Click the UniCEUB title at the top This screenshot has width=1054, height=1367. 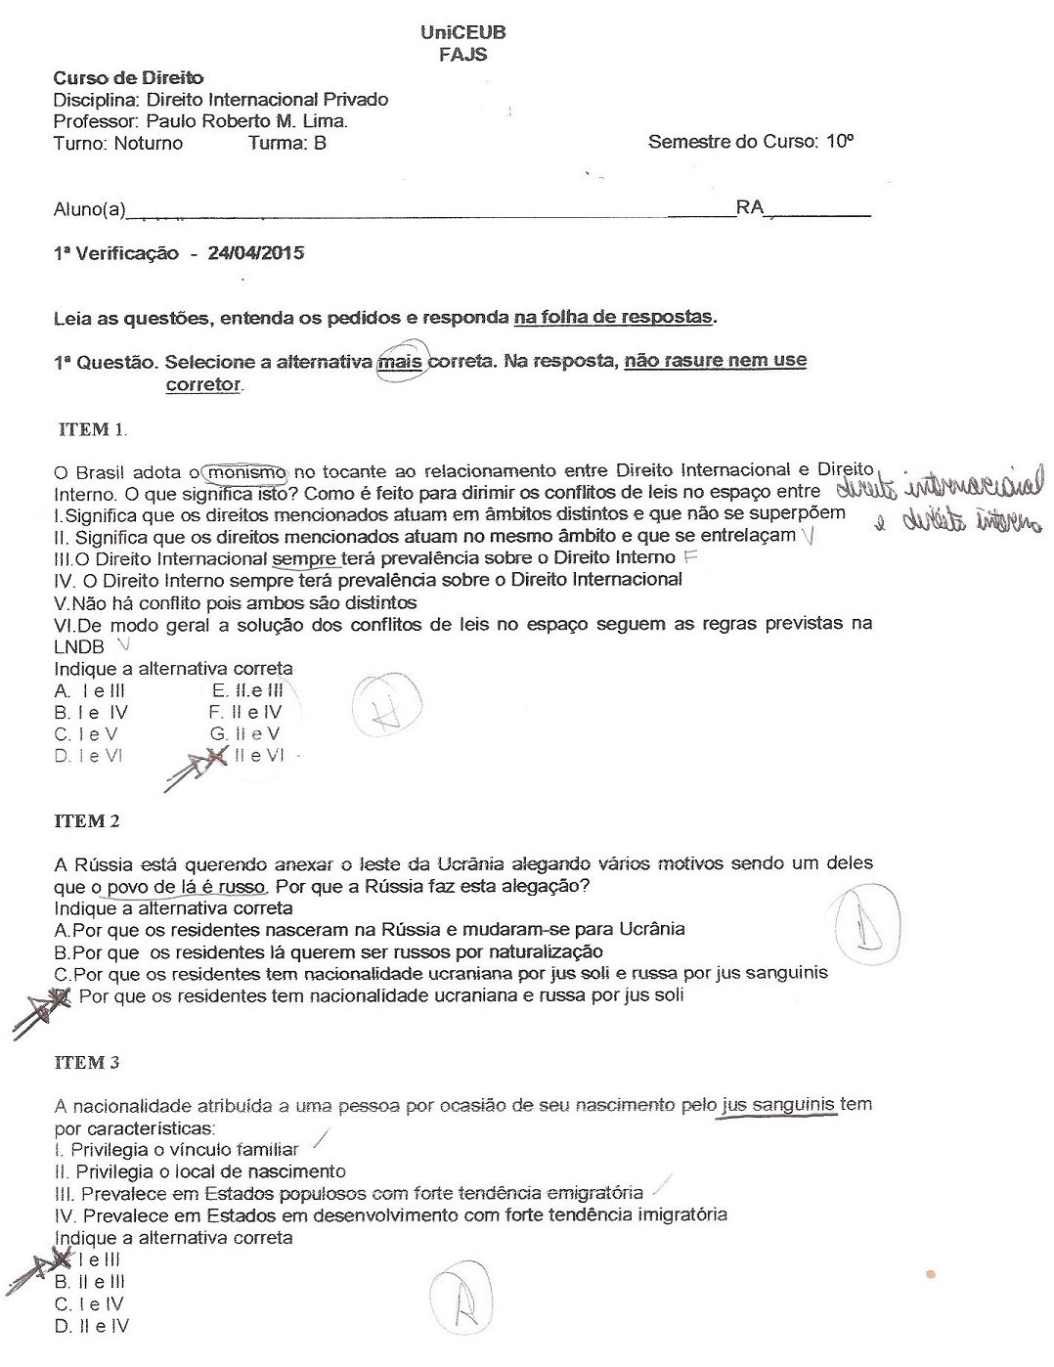(463, 32)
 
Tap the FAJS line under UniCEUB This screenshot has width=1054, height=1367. (463, 55)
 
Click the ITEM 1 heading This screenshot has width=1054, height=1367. (93, 428)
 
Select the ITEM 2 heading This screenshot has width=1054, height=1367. (86, 821)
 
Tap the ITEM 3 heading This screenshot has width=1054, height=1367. (86, 1062)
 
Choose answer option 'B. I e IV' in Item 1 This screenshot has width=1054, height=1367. (91, 713)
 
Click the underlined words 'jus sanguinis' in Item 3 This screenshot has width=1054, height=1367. (778, 1105)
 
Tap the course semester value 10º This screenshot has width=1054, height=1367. (840, 142)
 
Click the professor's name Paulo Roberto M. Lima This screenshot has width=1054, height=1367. (246, 121)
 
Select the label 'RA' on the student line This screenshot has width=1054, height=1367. (750, 208)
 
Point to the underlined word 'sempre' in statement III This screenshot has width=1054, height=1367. (303, 558)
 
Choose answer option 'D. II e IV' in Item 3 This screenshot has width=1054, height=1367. (92, 1326)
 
